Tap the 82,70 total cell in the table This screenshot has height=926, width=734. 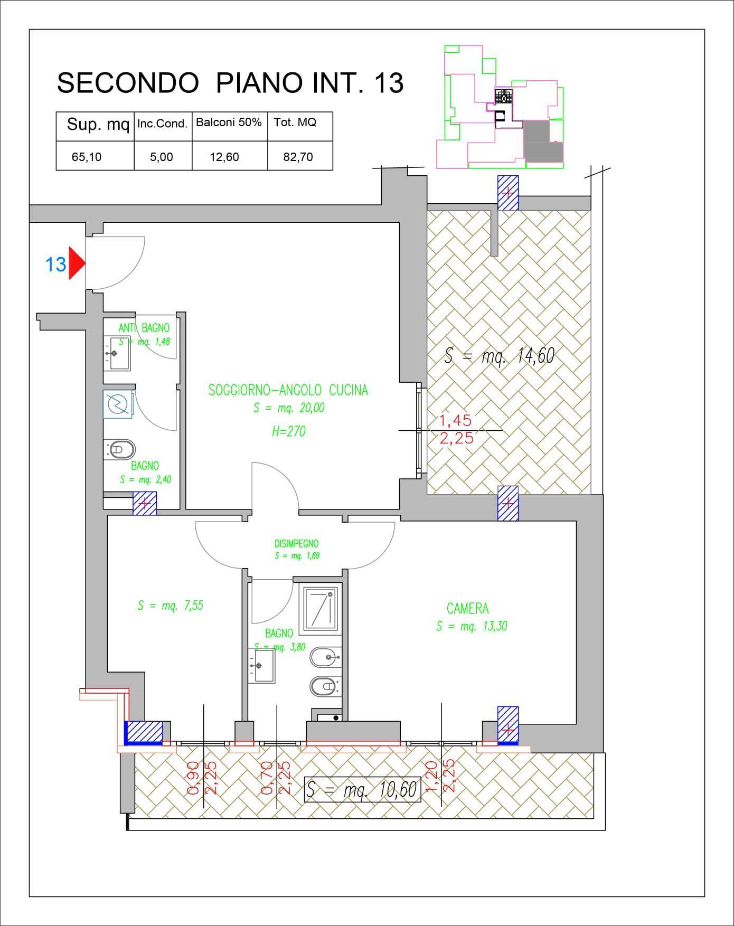click(298, 157)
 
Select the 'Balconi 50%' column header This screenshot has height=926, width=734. click(229, 122)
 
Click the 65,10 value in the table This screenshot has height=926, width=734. click(87, 157)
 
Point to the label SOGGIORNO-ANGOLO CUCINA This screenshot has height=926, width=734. click(288, 391)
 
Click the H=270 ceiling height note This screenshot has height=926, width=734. click(288, 431)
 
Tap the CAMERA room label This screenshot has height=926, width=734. click(467, 609)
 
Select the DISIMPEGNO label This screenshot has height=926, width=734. click(296, 543)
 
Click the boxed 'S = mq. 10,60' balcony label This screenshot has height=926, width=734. click(363, 790)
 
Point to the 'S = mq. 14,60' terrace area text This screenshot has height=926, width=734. click(499, 355)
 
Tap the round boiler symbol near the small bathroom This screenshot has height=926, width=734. click(118, 405)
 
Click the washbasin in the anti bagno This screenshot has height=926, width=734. click(116, 353)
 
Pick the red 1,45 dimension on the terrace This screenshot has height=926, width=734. click(456, 421)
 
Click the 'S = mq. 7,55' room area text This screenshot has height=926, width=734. click(170, 606)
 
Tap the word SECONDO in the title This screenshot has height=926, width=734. click(127, 83)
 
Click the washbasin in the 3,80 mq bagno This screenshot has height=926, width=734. click(262, 665)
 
